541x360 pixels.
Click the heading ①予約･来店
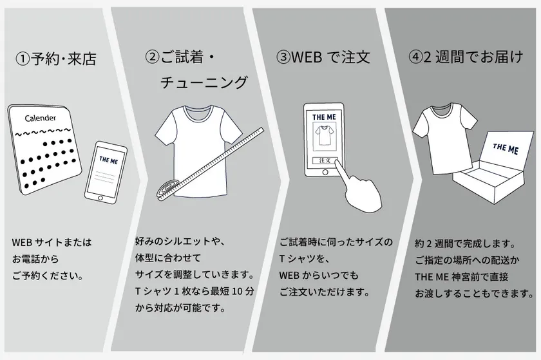56,59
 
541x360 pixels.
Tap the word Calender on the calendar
41,118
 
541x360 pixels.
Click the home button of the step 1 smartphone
100,198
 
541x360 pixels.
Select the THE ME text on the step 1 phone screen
109,160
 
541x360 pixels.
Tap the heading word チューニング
204,83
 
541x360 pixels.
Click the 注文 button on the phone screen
325,160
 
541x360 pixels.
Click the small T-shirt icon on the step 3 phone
323,135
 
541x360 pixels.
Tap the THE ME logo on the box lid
506,149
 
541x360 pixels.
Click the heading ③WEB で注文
323,57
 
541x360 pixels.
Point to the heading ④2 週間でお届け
466,57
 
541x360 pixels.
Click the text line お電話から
35,259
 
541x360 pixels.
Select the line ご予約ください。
48,276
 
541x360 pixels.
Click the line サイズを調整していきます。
195,274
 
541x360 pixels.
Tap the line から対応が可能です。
180,308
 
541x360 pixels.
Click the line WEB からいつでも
319,275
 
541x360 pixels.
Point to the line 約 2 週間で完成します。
466,243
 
